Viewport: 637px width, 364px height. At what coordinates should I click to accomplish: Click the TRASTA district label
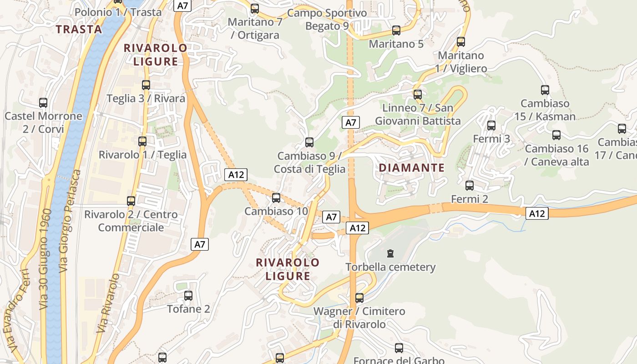pos(79,30)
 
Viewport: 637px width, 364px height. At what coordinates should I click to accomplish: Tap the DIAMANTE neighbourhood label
pos(412,168)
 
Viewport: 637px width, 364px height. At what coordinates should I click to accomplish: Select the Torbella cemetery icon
pos(390,253)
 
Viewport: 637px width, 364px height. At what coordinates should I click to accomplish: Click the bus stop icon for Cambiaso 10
pos(276,198)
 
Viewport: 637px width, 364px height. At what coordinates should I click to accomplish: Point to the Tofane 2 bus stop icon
pos(188,296)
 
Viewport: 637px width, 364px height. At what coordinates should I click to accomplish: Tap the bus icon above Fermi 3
pos(491,126)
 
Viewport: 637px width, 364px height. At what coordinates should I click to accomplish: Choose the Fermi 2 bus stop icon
pos(470,186)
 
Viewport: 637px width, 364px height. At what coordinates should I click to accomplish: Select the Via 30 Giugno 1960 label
pos(49,259)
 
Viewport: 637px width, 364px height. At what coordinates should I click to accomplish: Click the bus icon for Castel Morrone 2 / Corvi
pos(43,103)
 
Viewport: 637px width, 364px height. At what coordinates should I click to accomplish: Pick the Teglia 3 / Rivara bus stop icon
pos(146,85)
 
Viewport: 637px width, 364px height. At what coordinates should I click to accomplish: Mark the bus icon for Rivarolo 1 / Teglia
pos(142,142)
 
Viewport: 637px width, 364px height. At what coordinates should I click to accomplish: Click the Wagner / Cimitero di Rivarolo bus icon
pos(359,298)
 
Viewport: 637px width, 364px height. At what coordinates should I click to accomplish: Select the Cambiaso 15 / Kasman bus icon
pos(545,90)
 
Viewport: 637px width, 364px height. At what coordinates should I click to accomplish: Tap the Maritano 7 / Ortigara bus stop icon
pos(255,9)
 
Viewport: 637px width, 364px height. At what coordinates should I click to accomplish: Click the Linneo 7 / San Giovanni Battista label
pos(418,114)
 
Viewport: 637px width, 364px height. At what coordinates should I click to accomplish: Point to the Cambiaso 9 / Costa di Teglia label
pos(309,162)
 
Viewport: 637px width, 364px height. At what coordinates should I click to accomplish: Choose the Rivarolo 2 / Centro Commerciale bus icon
pos(131,201)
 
